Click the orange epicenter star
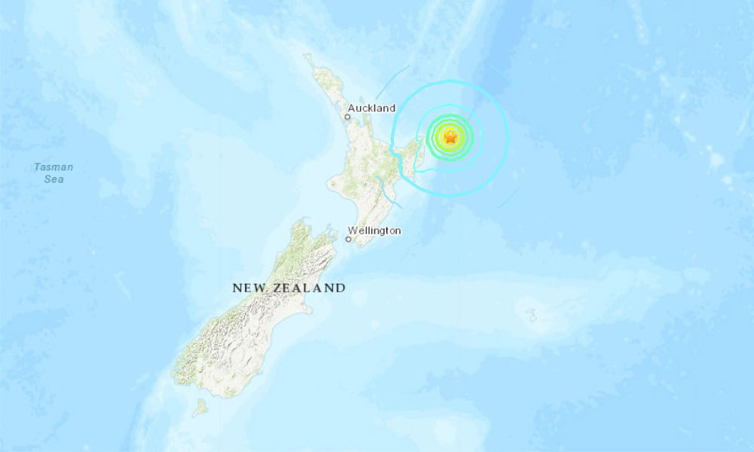click(450, 137)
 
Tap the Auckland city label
click(371, 108)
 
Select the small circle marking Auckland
click(348, 118)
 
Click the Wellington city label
click(374, 231)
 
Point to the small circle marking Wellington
click(348, 240)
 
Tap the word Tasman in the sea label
click(53, 167)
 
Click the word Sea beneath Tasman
click(53, 179)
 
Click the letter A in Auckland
click(351, 108)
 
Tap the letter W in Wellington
click(352, 231)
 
